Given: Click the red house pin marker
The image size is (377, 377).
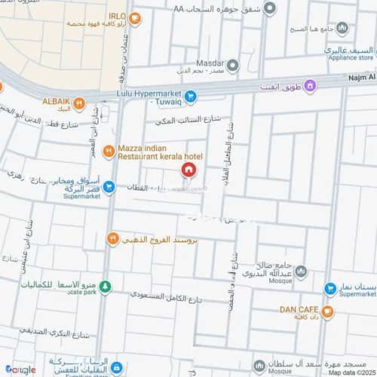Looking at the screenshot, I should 188,170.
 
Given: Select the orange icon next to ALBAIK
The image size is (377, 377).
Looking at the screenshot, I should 79,103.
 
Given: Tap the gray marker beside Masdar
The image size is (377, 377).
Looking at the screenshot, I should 233,65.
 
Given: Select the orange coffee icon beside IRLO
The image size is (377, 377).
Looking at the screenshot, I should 135,19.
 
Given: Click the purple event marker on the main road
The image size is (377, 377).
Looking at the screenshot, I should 329,87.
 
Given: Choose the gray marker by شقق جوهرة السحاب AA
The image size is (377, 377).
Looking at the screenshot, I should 270,11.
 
